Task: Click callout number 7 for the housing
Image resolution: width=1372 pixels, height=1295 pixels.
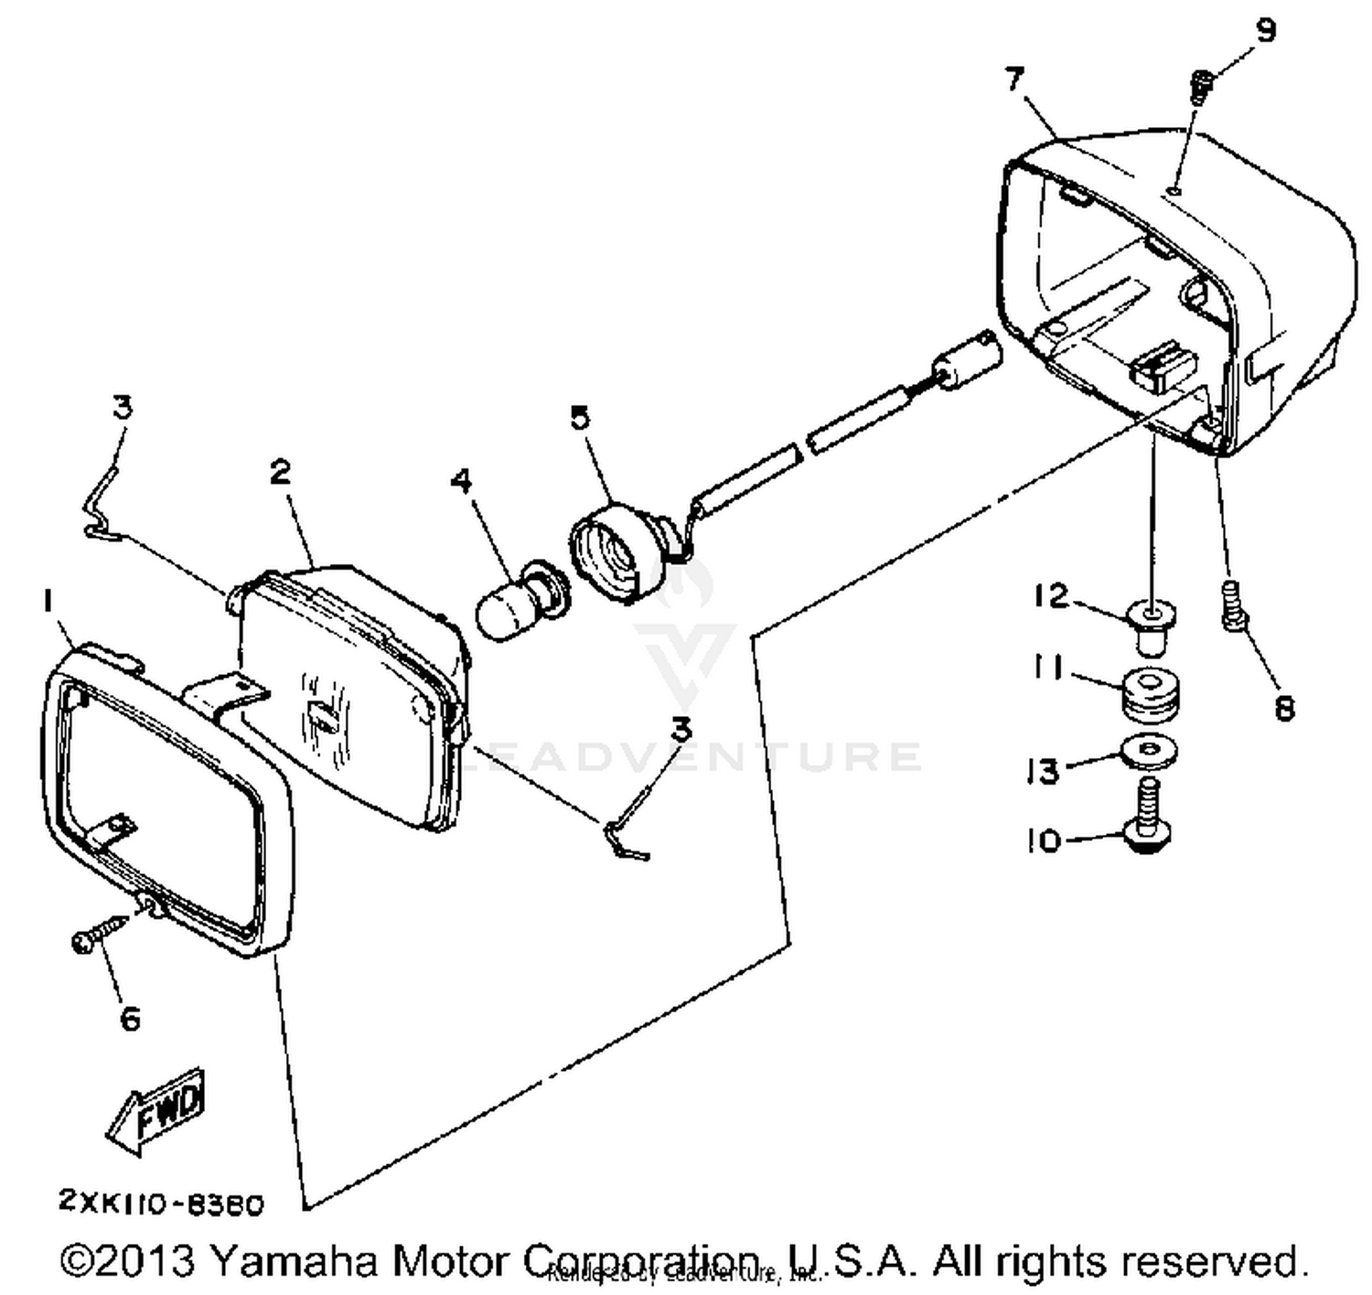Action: click(1014, 80)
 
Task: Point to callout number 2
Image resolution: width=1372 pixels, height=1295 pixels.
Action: click(280, 472)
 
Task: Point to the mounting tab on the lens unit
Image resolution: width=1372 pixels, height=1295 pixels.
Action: click(225, 690)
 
